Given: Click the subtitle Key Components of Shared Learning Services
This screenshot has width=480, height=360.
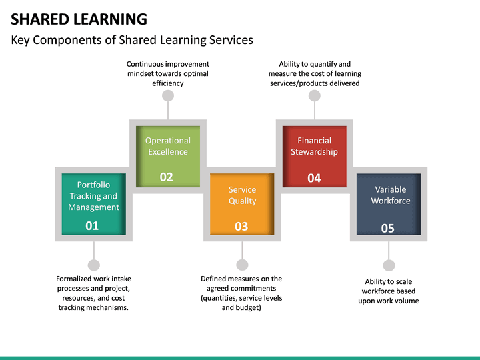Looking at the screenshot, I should point(132,40).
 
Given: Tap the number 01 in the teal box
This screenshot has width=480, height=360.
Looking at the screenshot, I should point(92,226).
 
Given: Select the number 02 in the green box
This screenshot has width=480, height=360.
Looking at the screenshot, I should point(167,177).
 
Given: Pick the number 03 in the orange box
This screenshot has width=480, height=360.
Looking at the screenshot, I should point(241,227).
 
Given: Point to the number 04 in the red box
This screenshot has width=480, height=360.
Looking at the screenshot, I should point(314,178).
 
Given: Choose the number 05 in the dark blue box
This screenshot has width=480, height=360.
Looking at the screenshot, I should point(387,228).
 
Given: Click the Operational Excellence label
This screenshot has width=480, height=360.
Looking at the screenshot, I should point(168,146).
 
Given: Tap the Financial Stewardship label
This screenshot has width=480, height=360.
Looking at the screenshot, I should point(314,146).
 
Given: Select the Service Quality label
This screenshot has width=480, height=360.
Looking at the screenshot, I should point(242,195).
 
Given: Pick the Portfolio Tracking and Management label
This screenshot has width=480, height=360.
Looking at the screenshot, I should point(94,196).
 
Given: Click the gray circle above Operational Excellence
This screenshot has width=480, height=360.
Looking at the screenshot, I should point(168,96).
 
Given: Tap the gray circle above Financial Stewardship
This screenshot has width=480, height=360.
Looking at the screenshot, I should point(315,96).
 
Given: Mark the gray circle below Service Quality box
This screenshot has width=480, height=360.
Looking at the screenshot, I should point(242,265).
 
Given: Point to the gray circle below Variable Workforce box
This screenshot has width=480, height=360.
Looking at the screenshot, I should point(389,265).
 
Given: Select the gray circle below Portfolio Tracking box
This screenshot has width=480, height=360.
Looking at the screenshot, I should point(94,265).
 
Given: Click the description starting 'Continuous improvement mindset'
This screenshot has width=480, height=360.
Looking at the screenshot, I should point(168,74).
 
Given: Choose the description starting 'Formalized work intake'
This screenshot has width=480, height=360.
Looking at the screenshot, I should point(94,293).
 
